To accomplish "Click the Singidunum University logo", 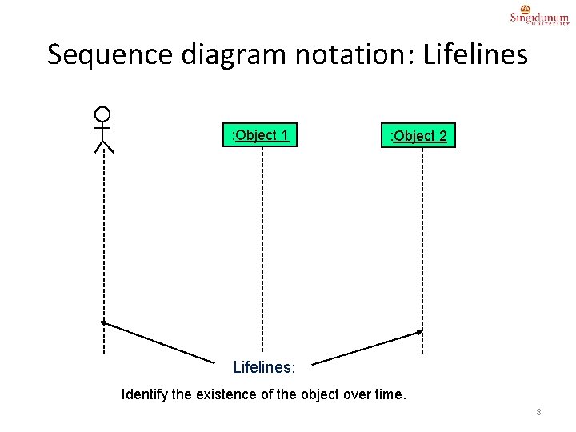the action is tap(539, 17).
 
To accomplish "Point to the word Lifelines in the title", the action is tap(475, 54).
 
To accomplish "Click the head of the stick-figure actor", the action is tap(102, 114).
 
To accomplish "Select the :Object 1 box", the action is tap(262, 134).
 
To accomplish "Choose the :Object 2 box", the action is tap(418, 135).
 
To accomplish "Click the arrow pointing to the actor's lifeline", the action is tap(160, 341).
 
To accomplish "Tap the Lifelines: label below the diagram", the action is tap(264, 368).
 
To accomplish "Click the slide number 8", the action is tap(538, 412).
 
